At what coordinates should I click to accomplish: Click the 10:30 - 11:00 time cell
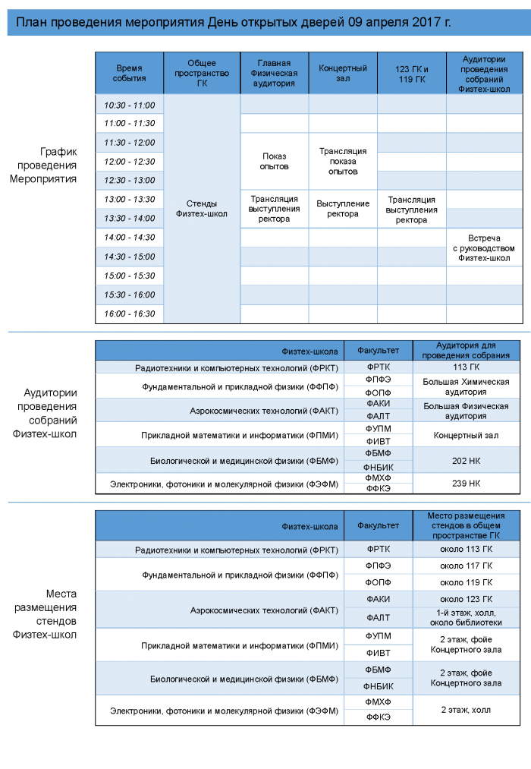coord(130,105)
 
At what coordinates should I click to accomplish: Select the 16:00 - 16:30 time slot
coord(130,314)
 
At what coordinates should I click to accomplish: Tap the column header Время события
coord(130,73)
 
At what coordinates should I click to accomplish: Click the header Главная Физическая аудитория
coord(274,73)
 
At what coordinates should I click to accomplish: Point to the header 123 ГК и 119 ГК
coord(411,73)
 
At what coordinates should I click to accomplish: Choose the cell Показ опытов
coord(274,161)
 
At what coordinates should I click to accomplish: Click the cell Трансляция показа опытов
coord(343,161)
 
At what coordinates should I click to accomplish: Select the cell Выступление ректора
coord(343,209)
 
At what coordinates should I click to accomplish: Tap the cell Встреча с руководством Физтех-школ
coord(480,248)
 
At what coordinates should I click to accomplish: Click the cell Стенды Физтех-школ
coord(202,209)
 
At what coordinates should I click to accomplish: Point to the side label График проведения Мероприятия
coord(47,165)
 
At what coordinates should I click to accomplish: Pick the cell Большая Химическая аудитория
coord(466,386)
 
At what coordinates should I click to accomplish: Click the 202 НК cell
coord(466,459)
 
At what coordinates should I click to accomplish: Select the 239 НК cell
coord(466,484)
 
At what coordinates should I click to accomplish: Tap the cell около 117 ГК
coord(466,566)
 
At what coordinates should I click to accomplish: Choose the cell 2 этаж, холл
coord(466,710)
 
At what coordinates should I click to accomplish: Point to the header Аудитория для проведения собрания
coord(466,350)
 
